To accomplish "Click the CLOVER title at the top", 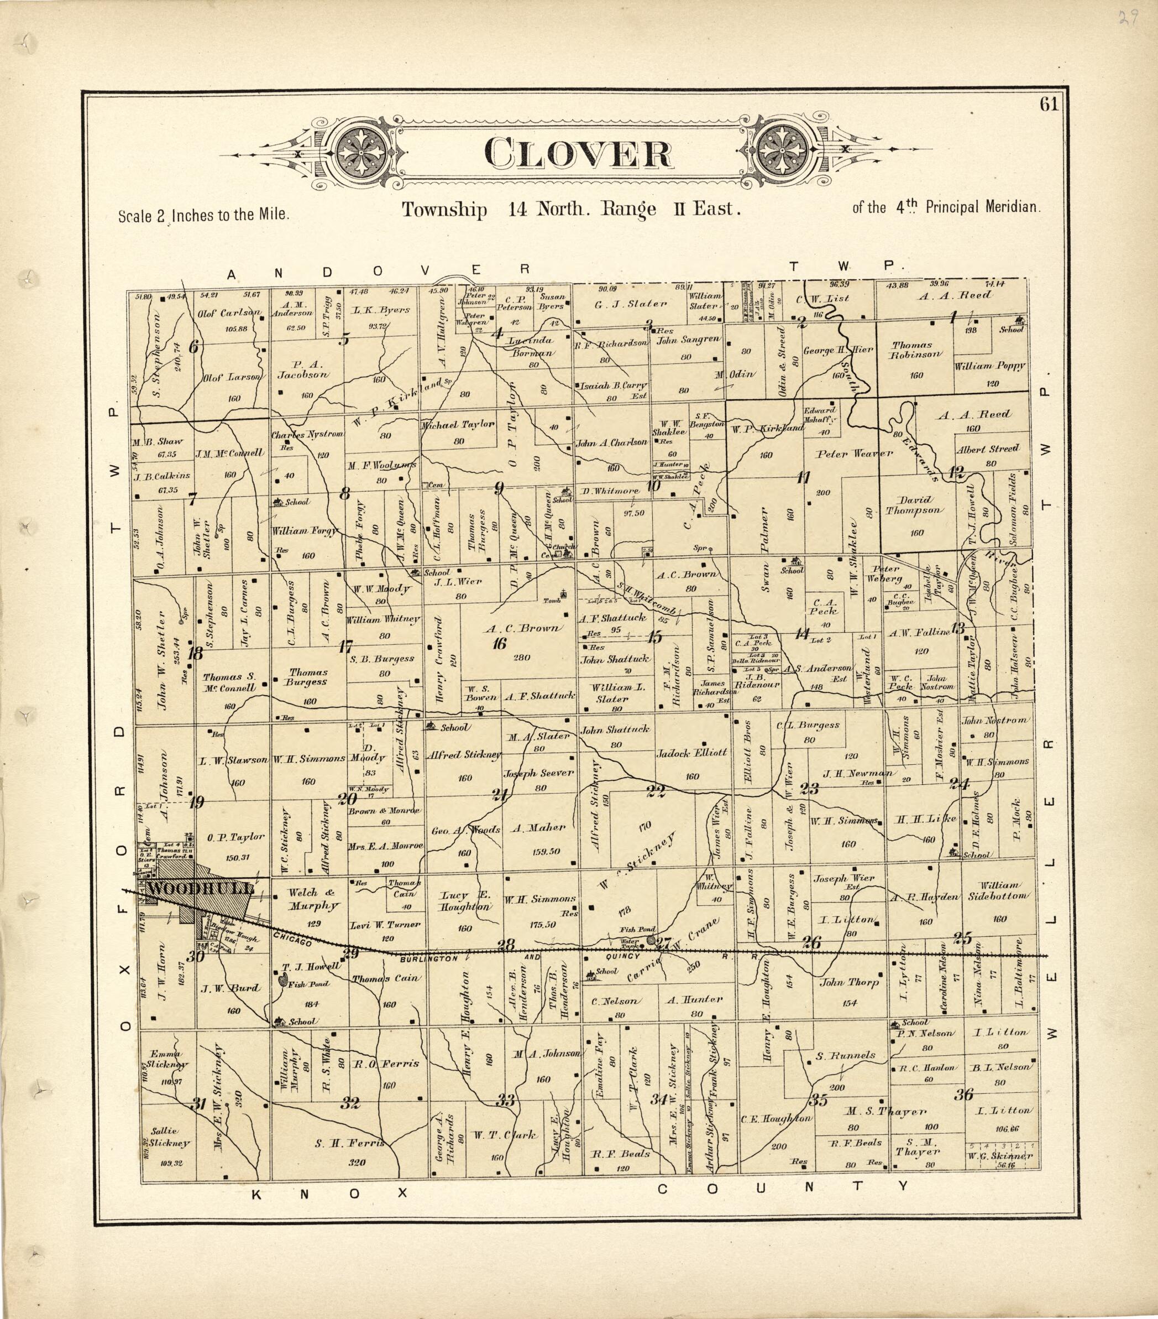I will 578,154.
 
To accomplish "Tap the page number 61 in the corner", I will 1049,104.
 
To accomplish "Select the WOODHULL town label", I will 200,889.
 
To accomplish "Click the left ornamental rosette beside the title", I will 362,149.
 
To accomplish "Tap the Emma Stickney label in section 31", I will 166,1059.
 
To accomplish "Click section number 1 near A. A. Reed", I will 952,316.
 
